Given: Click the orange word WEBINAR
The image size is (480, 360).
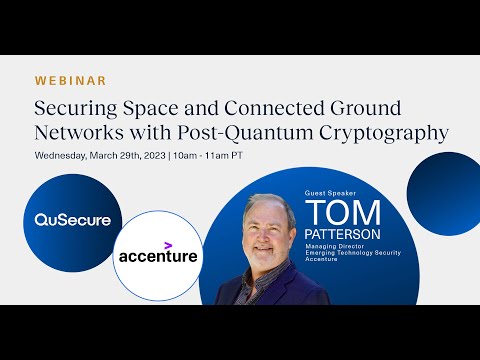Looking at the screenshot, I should [70, 80].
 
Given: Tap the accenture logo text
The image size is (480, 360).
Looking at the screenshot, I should [158, 257].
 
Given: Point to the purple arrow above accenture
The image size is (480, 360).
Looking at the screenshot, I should [169, 244].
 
